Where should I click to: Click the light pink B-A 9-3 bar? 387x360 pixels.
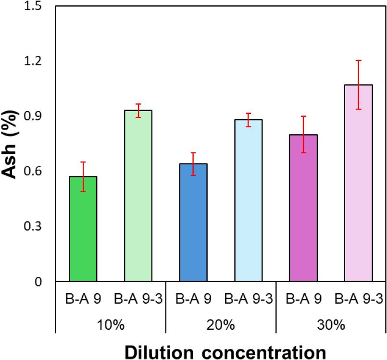(358, 183)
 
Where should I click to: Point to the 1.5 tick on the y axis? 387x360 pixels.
(35, 7)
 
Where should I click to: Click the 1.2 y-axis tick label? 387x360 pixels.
(35, 62)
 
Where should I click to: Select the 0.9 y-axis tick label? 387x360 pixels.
(35, 116)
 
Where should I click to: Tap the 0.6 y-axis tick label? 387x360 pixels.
(35, 172)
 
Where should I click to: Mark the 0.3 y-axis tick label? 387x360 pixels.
(35, 226)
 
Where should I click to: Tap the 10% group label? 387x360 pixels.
(111, 324)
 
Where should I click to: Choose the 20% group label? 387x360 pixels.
(221, 324)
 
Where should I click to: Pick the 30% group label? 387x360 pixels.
(331, 324)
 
